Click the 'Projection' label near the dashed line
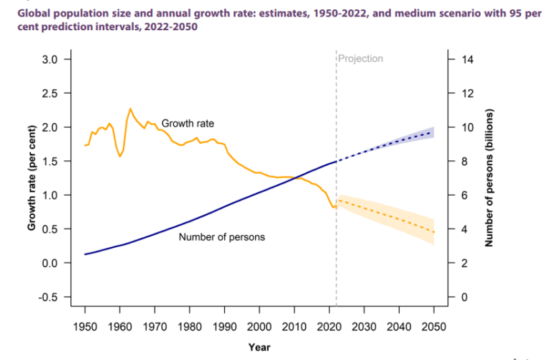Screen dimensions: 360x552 pyautogui.click(x=361, y=59)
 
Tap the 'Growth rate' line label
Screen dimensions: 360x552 pyautogui.click(x=188, y=124)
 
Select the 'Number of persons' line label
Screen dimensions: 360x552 pyautogui.click(x=221, y=237)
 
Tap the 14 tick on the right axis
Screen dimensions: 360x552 pyautogui.click(x=467, y=59)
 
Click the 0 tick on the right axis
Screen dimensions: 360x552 pyautogui.click(x=464, y=297)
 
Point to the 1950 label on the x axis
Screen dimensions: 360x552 pyautogui.click(x=85, y=326)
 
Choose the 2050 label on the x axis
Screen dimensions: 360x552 pyautogui.click(x=433, y=326)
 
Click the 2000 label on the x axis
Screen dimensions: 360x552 pyautogui.click(x=259, y=326)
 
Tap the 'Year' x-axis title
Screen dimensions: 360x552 pyautogui.click(x=259, y=347)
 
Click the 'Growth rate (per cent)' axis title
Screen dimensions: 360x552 pyautogui.click(x=32, y=177)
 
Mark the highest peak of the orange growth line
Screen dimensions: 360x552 pyautogui.click(x=130, y=109)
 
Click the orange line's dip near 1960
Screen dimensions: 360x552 pyautogui.click(x=120, y=156)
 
